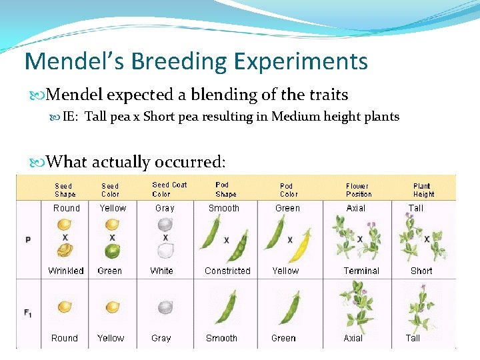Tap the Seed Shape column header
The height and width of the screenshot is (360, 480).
65,190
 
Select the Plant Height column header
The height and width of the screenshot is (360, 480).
423,190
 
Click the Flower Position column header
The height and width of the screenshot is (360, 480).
358,190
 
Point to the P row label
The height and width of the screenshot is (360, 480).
28,239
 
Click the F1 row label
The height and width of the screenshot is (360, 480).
28,312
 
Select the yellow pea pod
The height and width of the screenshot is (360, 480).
301,247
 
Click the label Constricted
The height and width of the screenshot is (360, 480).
227,271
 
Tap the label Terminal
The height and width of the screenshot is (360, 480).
361,271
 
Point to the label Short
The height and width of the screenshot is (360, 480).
421,271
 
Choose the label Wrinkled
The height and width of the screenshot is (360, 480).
66,271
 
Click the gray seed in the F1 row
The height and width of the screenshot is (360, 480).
165,307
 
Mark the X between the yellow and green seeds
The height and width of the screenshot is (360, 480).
112,238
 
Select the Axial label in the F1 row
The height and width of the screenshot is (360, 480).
353,338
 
